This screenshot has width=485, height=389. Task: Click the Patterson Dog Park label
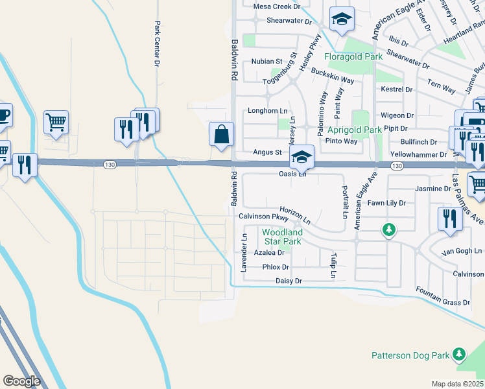coord(411,355)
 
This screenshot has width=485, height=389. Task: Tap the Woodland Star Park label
coord(282,237)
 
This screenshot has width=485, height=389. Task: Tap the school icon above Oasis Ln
coord(302,156)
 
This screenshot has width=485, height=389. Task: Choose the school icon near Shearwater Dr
coord(341,19)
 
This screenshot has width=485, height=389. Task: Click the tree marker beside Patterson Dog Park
coord(459,353)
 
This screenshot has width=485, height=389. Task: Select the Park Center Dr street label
coord(157,44)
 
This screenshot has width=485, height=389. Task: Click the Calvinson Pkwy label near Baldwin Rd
coord(263,217)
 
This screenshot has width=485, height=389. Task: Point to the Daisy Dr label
coord(289,281)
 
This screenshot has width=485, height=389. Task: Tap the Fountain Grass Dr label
coord(443,297)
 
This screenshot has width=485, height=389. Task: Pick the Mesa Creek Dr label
coord(278,6)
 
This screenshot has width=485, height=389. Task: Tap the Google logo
coord(21,381)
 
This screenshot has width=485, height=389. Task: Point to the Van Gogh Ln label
coord(462,251)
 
